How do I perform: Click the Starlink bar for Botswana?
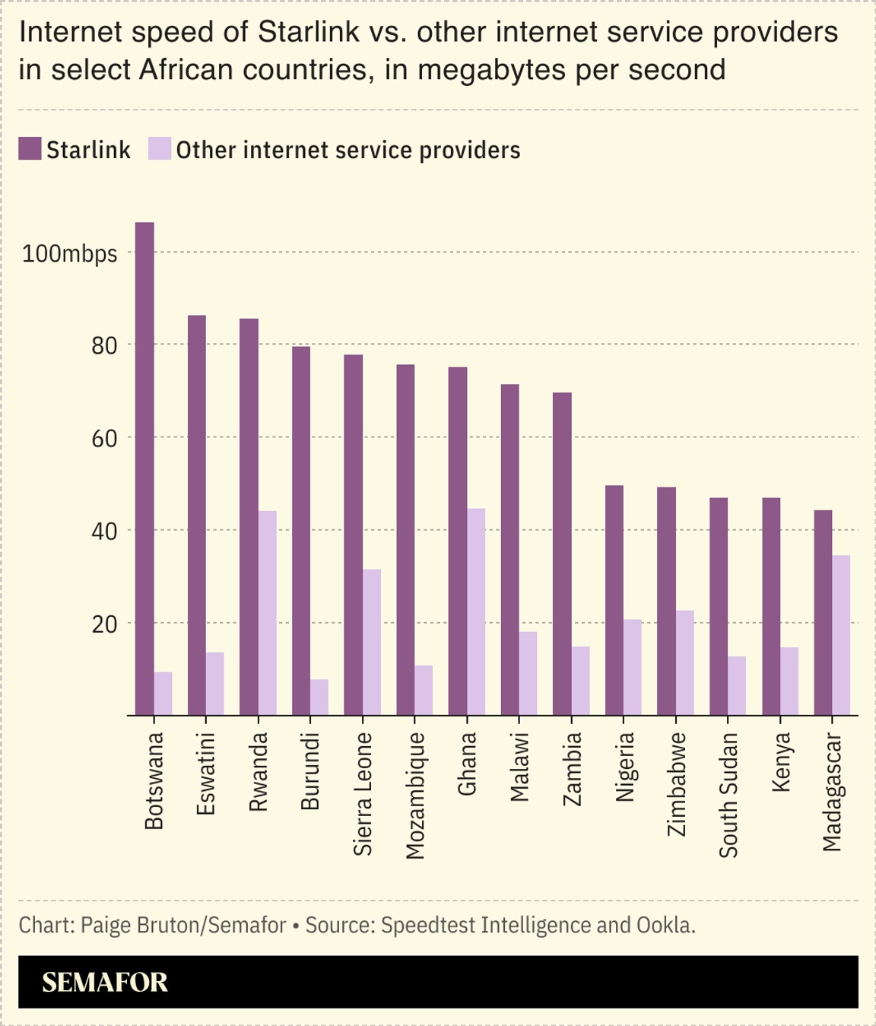(144, 469)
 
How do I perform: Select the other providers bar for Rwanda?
(267, 613)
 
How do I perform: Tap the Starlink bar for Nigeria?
(614, 600)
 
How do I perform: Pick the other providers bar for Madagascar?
(841, 635)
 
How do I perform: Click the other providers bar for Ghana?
(476, 611)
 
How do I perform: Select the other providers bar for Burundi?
(319, 697)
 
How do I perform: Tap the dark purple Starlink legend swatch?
(30, 149)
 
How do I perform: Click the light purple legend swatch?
(160, 149)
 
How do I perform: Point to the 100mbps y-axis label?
(70, 253)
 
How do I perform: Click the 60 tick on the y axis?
(104, 439)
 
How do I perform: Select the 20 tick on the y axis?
(104, 624)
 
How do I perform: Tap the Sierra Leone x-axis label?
(363, 793)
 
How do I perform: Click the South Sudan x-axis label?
(728, 795)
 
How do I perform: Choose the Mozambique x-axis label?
(415, 796)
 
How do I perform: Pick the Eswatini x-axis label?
(206, 773)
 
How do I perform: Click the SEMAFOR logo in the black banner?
(105, 982)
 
